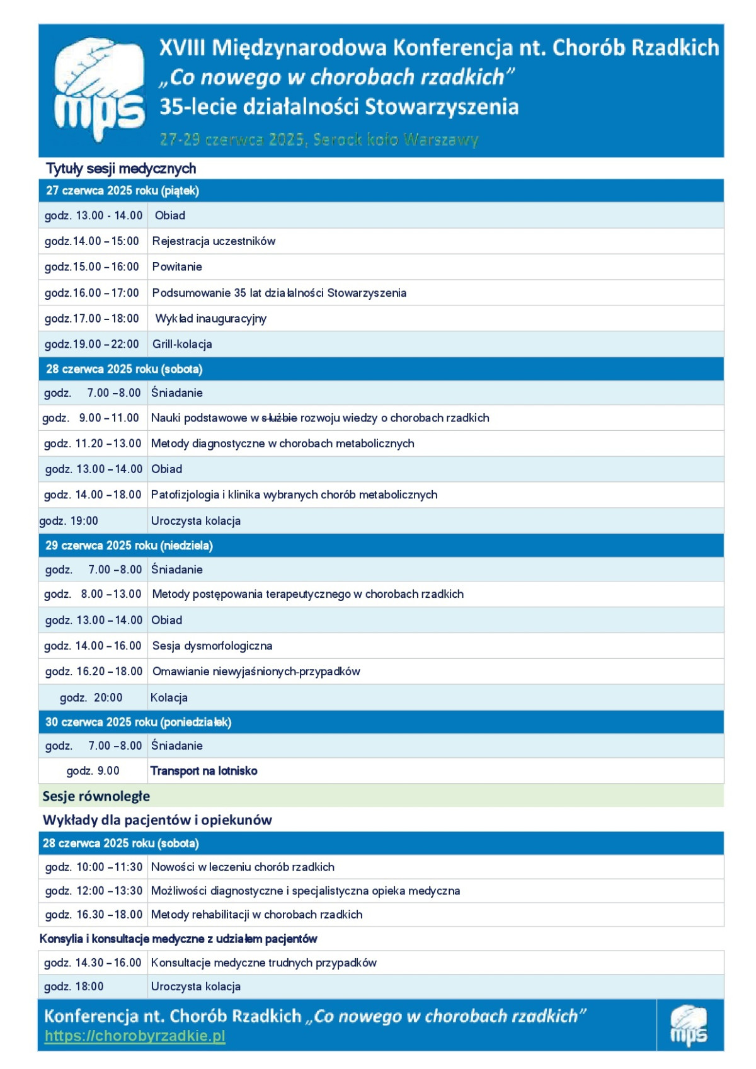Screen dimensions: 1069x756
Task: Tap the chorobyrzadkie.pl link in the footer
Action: (x=135, y=1036)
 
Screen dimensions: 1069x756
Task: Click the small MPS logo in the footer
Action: (x=689, y=1026)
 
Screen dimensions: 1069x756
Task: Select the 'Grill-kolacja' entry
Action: (x=182, y=345)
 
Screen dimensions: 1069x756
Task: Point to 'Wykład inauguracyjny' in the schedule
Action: (x=210, y=319)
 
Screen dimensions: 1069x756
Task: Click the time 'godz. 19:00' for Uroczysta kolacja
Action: (x=69, y=521)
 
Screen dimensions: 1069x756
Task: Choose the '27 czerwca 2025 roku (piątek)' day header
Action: (x=123, y=191)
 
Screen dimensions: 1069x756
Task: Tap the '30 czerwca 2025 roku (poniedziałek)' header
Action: (x=139, y=723)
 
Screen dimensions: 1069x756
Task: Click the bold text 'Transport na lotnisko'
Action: (x=203, y=771)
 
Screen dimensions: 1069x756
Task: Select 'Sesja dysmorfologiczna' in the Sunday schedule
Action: (x=212, y=646)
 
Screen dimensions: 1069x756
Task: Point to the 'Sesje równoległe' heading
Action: (x=96, y=796)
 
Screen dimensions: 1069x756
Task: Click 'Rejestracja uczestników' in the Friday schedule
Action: (x=214, y=241)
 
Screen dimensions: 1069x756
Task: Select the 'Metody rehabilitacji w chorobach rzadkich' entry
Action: (x=256, y=915)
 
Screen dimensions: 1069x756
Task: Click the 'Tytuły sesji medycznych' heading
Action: (x=121, y=169)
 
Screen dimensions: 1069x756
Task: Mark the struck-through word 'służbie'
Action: (x=279, y=418)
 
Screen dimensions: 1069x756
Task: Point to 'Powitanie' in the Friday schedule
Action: (x=177, y=267)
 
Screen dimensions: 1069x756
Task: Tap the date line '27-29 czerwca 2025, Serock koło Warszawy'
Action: (x=319, y=140)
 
